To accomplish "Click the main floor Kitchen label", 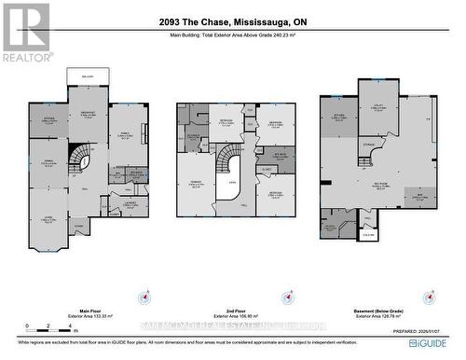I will click(x=47, y=121).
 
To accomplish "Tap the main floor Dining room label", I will click(x=46, y=164).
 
